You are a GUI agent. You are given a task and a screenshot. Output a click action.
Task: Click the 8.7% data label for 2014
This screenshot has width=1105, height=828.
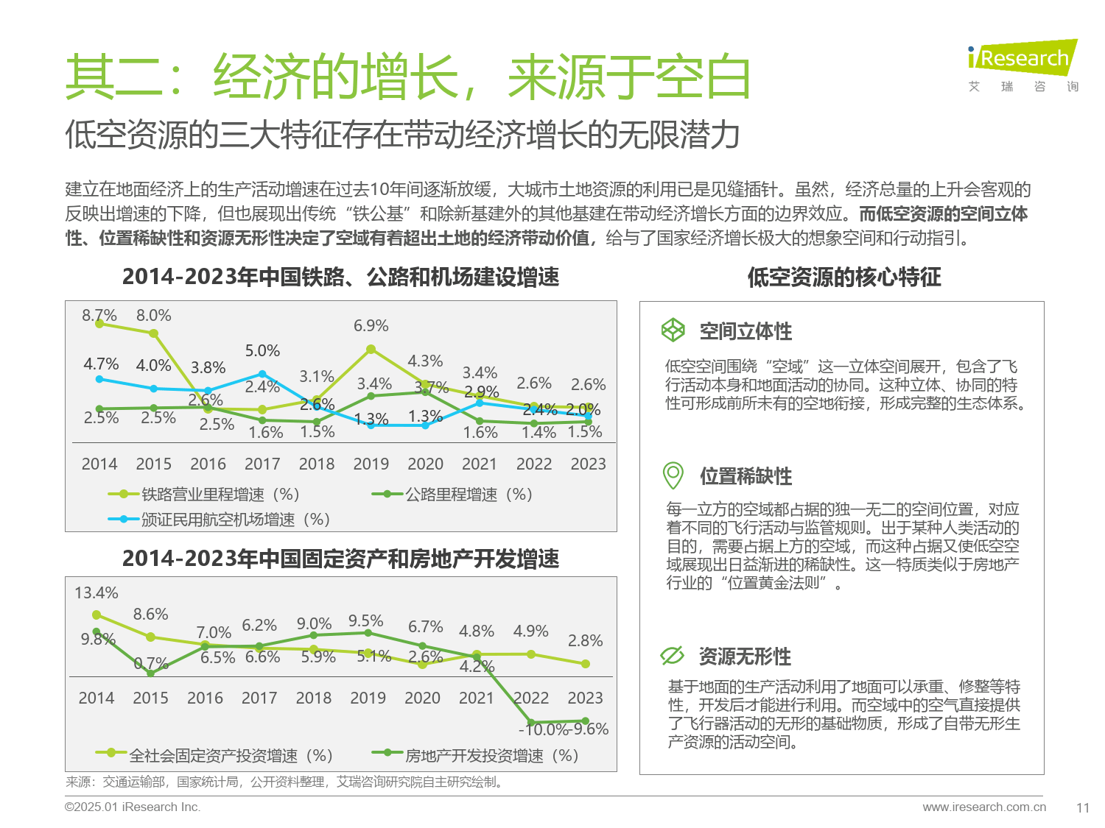click(x=99, y=315)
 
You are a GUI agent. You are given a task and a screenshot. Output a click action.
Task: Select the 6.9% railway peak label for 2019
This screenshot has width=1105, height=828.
click(x=371, y=325)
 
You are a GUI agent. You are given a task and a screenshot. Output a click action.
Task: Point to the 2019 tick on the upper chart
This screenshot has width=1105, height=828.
click(x=371, y=464)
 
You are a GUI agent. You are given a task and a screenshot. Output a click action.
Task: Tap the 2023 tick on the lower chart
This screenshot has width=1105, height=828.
click(x=585, y=698)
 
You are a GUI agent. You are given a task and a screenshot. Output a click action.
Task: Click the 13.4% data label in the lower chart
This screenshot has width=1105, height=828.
click(x=96, y=592)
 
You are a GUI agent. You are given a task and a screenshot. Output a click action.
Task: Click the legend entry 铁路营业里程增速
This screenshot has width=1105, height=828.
click(x=203, y=495)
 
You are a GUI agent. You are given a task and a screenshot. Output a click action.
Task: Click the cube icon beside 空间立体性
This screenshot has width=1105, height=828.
click(x=673, y=330)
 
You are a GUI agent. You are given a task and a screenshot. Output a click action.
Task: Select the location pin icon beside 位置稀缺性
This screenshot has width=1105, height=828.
click(x=673, y=475)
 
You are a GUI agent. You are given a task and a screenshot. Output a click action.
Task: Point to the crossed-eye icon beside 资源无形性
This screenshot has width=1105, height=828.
click(x=673, y=655)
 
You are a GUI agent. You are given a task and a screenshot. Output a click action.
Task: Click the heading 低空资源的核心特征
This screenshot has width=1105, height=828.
click(x=844, y=277)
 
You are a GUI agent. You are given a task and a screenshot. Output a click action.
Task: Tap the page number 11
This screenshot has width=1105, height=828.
click(x=1082, y=807)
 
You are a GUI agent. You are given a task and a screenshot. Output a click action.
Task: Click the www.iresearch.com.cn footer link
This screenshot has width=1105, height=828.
click(x=983, y=807)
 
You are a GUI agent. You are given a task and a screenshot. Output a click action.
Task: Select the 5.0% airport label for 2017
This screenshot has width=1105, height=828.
click(x=262, y=350)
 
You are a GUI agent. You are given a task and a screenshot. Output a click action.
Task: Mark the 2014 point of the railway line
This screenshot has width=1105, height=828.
click(x=99, y=324)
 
